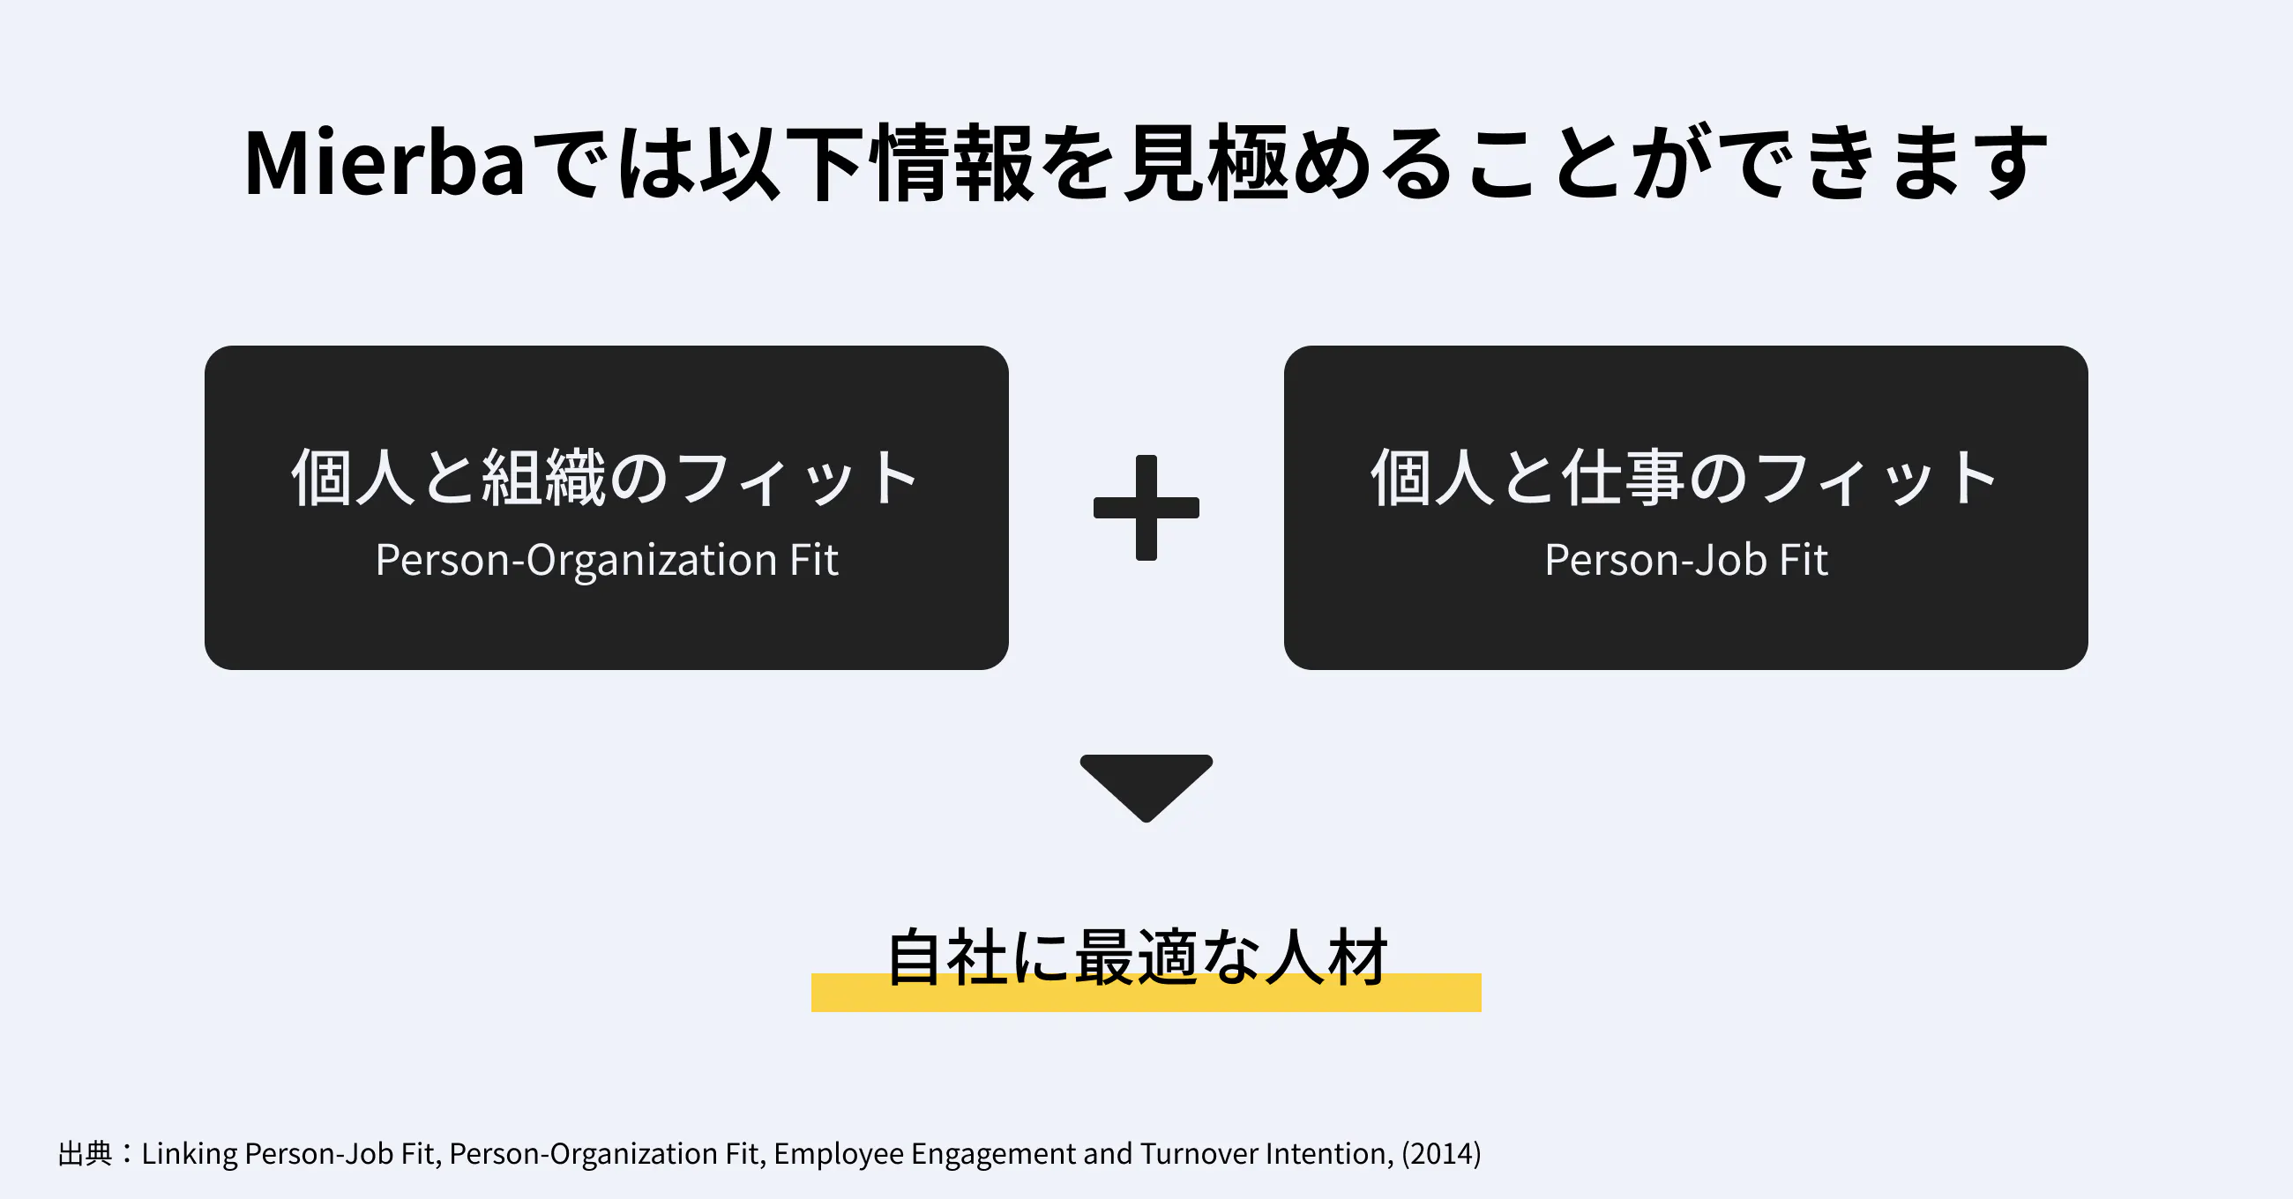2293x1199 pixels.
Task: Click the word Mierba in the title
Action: point(385,163)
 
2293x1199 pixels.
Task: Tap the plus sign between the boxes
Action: point(1146,508)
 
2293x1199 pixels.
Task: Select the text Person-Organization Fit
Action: point(606,561)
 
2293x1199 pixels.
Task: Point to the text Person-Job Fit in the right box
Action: point(1686,561)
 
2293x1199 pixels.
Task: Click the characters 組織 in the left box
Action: point(544,478)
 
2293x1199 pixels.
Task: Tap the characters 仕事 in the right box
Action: point(1623,478)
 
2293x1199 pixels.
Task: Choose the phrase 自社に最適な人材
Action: point(1138,957)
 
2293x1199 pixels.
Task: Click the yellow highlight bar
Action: point(1146,993)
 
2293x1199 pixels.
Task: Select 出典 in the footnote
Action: point(86,1154)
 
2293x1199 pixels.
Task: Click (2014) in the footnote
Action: point(1441,1154)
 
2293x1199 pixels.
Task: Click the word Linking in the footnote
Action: point(190,1155)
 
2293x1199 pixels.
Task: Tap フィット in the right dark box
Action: point(1875,478)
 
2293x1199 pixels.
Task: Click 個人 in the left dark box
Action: point(354,478)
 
